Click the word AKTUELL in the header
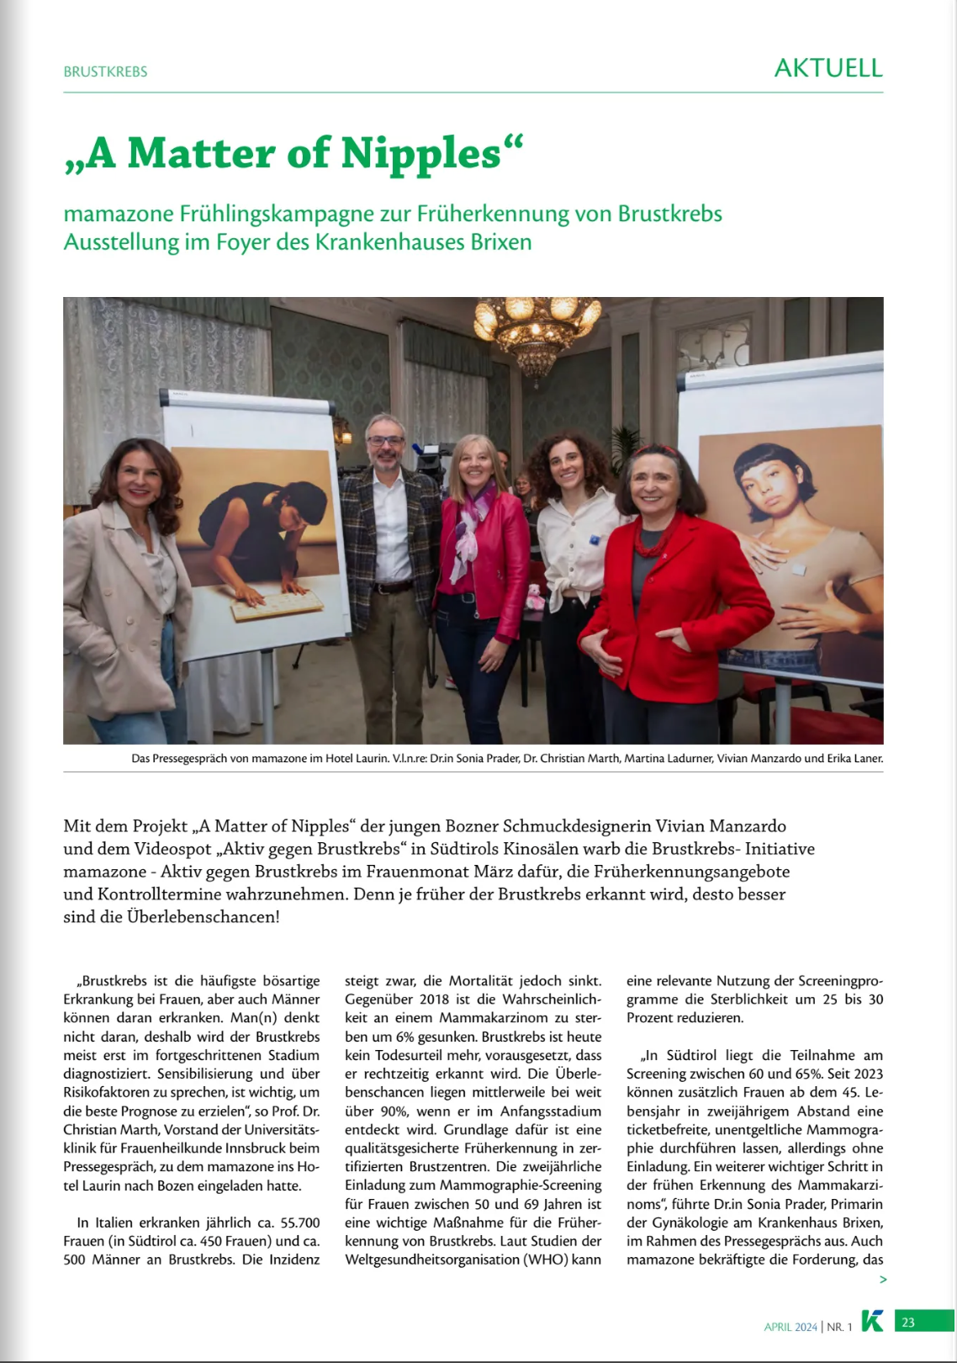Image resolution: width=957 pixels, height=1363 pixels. click(827, 68)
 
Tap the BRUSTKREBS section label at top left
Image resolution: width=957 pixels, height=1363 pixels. click(105, 72)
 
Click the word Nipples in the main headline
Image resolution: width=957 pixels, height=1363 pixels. click(421, 153)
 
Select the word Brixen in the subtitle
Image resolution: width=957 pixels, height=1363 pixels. click(501, 242)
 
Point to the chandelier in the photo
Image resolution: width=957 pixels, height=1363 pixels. click(536, 328)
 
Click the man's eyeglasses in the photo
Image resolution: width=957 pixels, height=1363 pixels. click(385, 440)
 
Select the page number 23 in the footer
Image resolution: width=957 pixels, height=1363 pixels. click(908, 1323)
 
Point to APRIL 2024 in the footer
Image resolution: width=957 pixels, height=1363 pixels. click(790, 1327)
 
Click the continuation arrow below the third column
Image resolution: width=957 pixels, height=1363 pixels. click(882, 1280)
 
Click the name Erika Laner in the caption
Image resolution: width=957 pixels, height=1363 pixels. click(855, 758)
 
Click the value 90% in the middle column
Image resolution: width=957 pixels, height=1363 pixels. click(394, 1111)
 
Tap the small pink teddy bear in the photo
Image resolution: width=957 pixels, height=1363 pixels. click(533, 597)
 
